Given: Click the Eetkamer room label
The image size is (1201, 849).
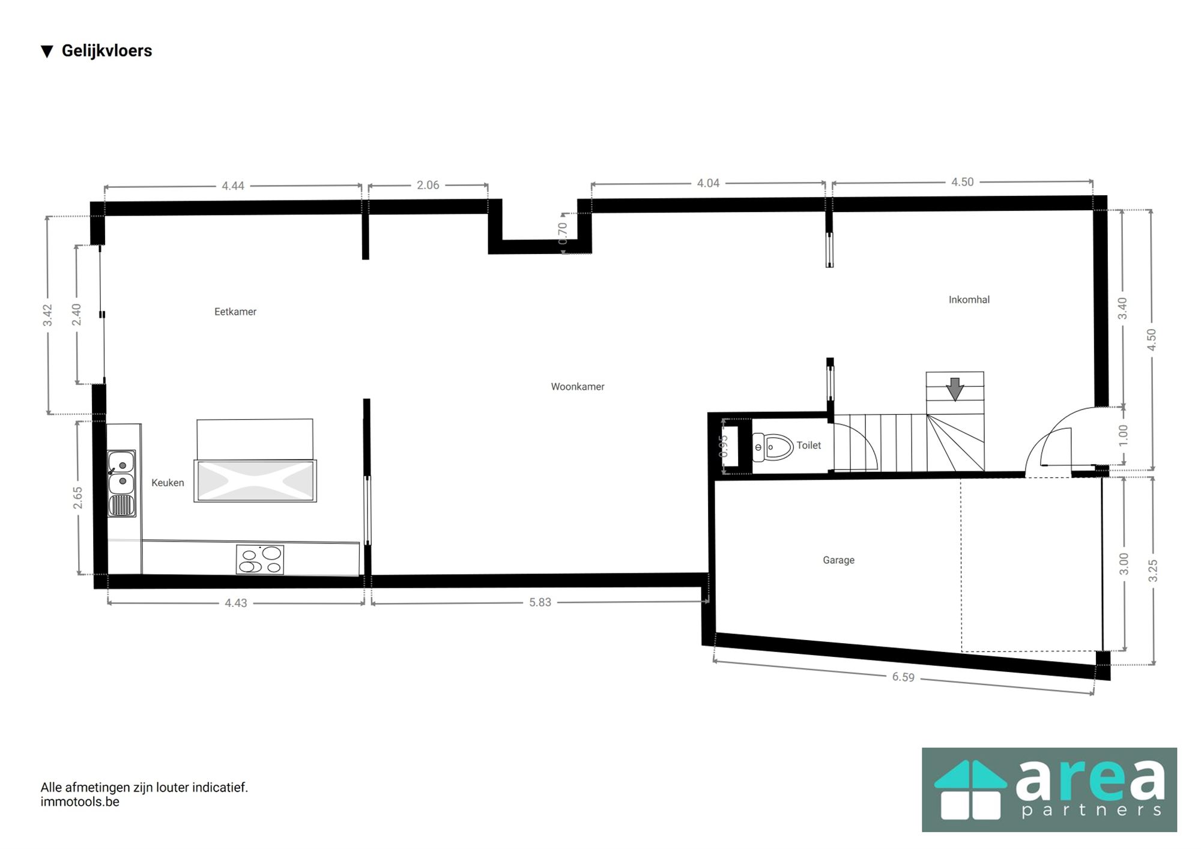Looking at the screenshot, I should pyautogui.click(x=235, y=312).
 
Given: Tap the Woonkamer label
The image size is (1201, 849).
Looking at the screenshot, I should pyautogui.click(x=577, y=387).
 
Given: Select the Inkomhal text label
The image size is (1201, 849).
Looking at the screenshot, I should pyautogui.click(x=969, y=300).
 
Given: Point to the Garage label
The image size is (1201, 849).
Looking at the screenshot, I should pyautogui.click(x=838, y=560).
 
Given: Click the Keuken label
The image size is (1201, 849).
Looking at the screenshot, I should pyautogui.click(x=168, y=483).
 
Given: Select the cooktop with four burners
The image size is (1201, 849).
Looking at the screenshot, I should pyautogui.click(x=260, y=560).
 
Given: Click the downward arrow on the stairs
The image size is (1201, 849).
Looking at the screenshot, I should pyautogui.click(x=955, y=389).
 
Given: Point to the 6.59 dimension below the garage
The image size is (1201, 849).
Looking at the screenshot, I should pyautogui.click(x=903, y=677).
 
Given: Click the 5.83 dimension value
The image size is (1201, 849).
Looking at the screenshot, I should pyautogui.click(x=540, y=602).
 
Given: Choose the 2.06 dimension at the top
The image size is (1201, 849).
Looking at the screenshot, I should pyautogui.click(x=428, y=185).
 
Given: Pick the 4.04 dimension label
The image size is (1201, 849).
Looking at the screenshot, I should pyautogui.click(x=707, y=183).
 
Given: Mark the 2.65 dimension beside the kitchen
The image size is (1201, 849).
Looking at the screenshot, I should pyautogui.click(x=78, y=498).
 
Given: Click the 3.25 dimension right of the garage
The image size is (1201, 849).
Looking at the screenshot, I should pyautogui.click(x=1152, y=570).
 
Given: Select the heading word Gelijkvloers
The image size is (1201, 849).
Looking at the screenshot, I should pyautogui.click(x=107, y=51).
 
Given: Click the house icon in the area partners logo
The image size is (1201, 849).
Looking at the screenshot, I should pyautogui.click(x=970, y=790).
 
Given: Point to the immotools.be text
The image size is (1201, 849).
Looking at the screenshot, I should pyautogui.click(x=80, y=802).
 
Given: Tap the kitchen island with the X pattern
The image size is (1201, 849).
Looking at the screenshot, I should pyautogui.click(x=255, y=481).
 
